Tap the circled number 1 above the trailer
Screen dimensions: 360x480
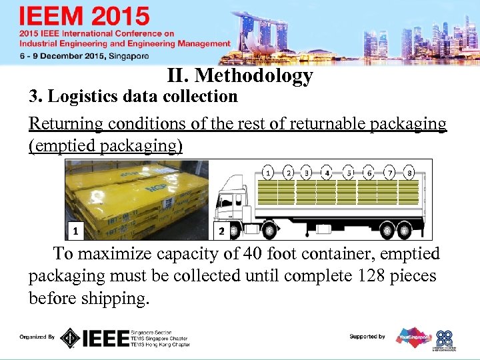click(267, 173)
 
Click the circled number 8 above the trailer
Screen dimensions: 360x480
click(409, 173)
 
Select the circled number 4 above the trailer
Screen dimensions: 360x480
click(327, 173)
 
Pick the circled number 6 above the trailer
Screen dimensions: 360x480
click(369, 173)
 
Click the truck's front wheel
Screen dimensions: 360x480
click(269, 231)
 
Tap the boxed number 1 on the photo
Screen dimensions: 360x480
click(77, 231)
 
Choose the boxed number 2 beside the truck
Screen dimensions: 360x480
click(222, 231)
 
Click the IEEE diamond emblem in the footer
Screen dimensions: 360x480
click(70, 338)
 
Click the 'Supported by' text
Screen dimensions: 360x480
click(367, 337)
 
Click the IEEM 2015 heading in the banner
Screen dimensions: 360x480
click(85, 16)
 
